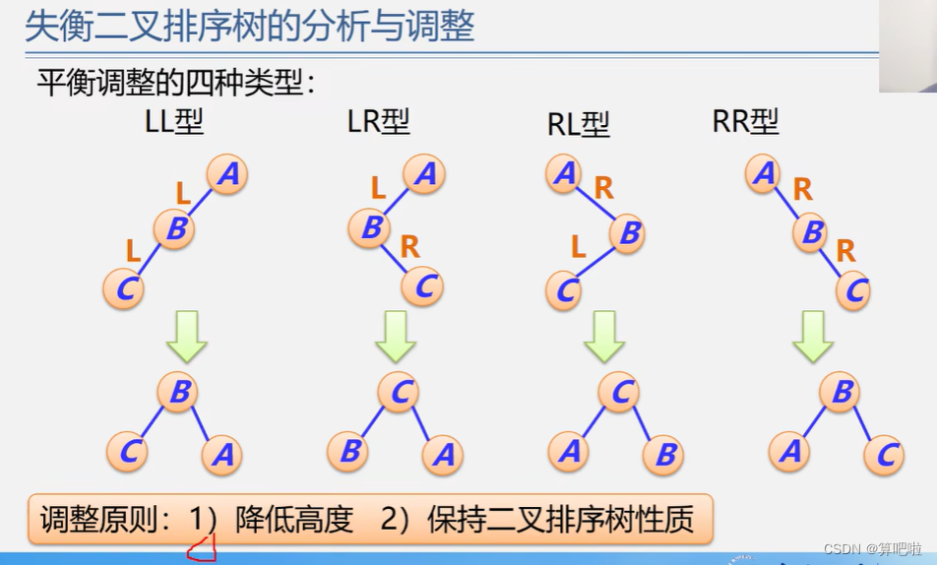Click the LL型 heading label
(x=174, y=123)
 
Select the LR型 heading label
(x=378, y=122)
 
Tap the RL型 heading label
(x=579, y=125)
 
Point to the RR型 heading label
(x=745, y=121)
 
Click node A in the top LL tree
(x=227, y=175)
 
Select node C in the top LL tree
(x=124, y=288)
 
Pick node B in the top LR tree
(x=371, y=228)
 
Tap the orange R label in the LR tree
(x=409, y=247)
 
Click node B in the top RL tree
(x=630, y=233)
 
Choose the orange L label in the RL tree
(x=579, y=247)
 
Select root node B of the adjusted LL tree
(x=179, y=393)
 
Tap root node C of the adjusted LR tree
(x=400, y=393)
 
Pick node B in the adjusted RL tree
(x=664, y=455)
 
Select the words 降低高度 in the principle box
(x=294, y=520)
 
